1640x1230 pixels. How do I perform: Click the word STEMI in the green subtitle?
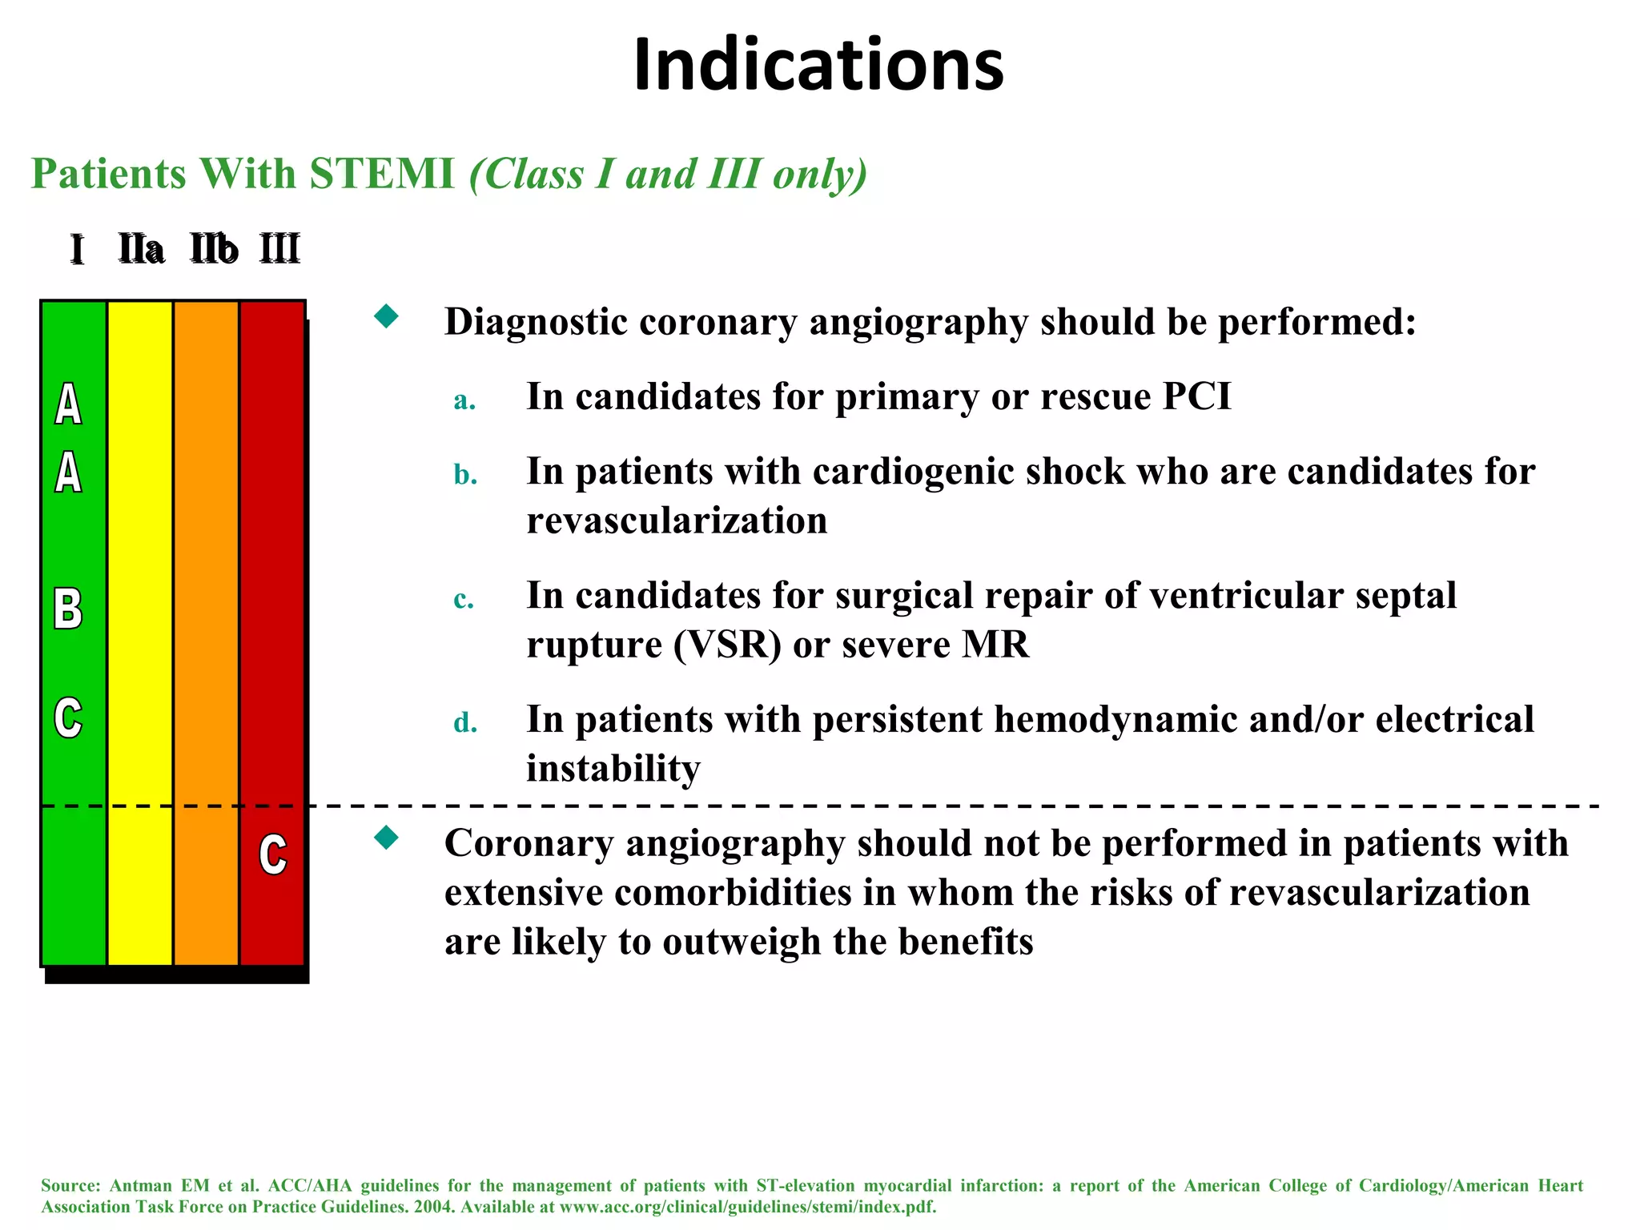pyautogui.click(x=382, y=174)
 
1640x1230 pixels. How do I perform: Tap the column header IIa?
pyautogui.click(x=142, y=249)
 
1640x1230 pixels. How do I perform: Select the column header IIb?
pyautogui.click(x=214, y=249)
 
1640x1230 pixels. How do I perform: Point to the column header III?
pyautogui.click(x=279, y=249)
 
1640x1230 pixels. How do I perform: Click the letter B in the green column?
pyautogui.click(x=68, y=609)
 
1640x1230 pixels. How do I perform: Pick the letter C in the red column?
pyautogui.click(x=273, y=854)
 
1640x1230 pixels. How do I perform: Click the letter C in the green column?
pyautogui.click(x=68, y=717)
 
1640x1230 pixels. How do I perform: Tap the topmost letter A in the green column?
pyautogui.click(x=68, y=404)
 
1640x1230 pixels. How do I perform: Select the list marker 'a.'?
pyautogui.click(x=464, y=400)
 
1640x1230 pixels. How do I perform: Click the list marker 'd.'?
pyautogui.click(x=465, y=722)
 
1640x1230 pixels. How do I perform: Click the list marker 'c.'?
pyautogui.click(x=464, y=599)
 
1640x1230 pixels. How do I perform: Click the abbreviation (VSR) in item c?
pyautogui.click(x=727, y=645)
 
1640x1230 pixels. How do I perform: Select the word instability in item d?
pyautogui.click(x=613, y=769)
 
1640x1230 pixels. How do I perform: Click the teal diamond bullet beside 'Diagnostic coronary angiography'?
pyautogui.click(x=387, y=316)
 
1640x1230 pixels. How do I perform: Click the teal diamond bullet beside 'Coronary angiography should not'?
pyautogui.click(x=387, y=838)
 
